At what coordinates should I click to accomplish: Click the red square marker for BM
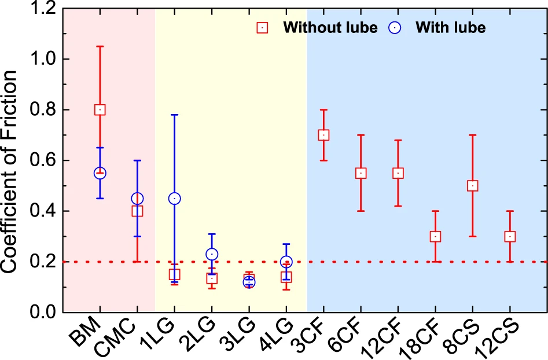(100, 109)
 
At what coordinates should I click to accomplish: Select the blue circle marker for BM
(100, 173)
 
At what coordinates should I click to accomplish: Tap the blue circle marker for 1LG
(174, 199)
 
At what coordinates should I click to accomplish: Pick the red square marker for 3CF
(323, 135)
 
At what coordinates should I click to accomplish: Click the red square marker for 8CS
(473, 186)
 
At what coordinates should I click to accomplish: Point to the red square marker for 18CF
(435, 236)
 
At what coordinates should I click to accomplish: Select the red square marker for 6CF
(361, 173)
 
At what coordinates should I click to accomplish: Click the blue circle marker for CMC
(137, 199)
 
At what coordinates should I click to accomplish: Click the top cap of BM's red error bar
(100, 46)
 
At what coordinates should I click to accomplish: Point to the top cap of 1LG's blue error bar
(174, 115)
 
